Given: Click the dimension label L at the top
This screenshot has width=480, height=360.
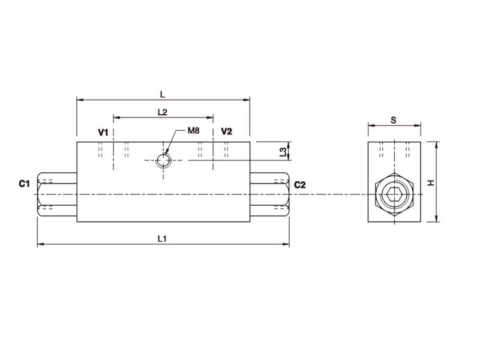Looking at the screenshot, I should click(x=163, y=94).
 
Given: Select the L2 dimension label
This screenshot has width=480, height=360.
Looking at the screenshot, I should click(x=162, y=112).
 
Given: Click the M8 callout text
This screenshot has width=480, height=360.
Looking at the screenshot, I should click(x=193, y=131).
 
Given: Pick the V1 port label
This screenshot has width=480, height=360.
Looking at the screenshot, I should click(x=103, y=131).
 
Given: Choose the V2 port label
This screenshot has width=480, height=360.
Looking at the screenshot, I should click(x=226, y=131).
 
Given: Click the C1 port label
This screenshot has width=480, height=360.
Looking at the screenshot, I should click(x=24, y=184).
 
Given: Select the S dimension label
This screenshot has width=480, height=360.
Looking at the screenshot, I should click(x=394, y=120).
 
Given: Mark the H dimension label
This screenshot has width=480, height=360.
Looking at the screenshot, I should click(x=430, y=182).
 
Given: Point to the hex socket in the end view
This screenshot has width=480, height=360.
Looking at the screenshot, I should click(x=394, y=195).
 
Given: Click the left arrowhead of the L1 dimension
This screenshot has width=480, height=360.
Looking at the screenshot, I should click(x=40, y=245).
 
